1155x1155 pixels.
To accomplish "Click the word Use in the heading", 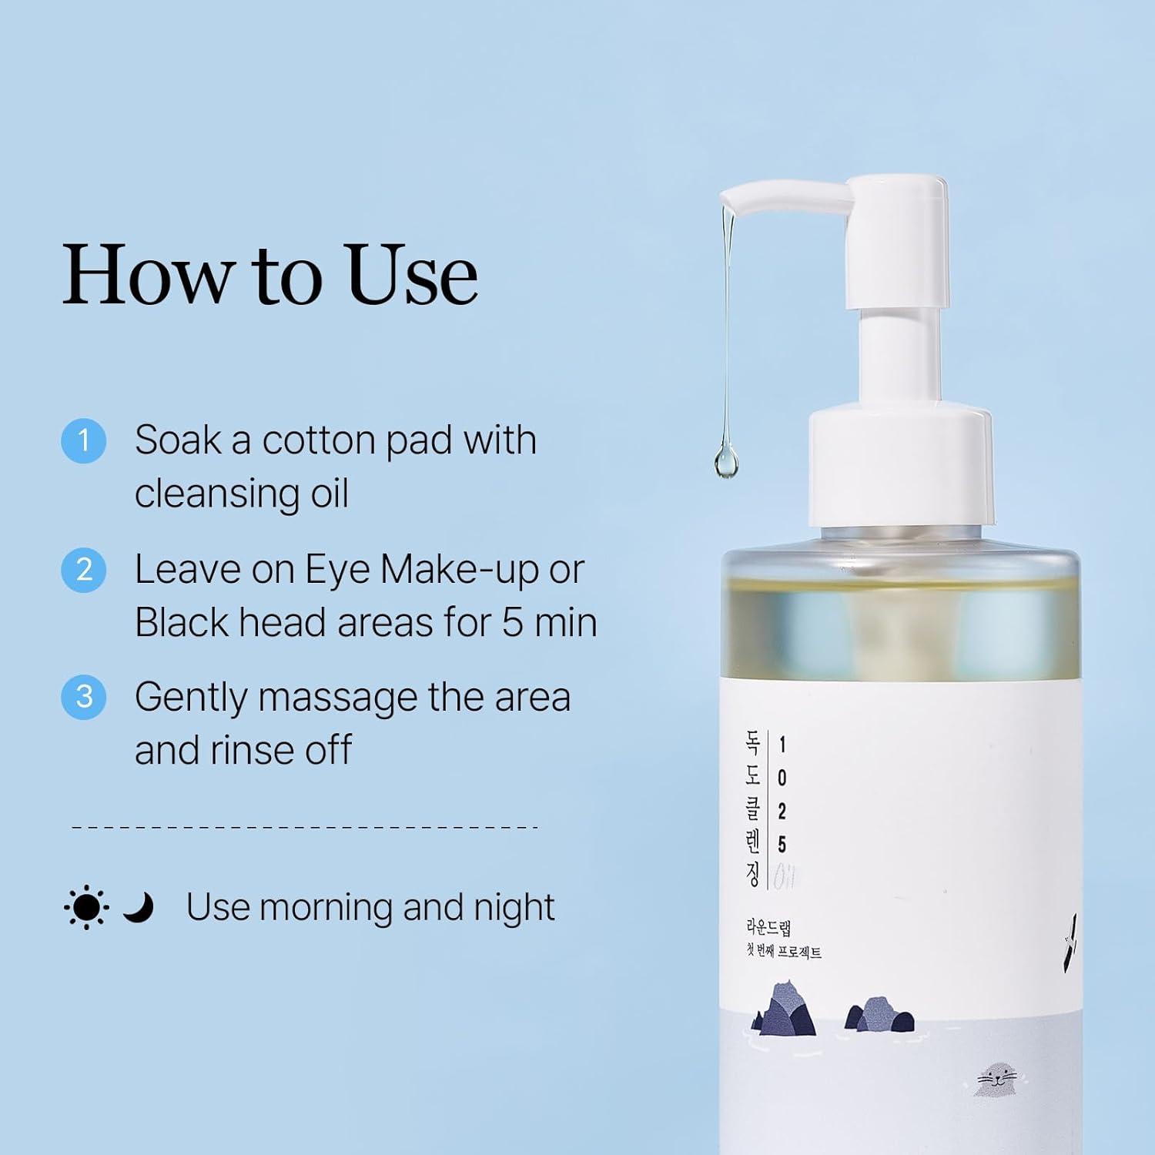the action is click(x=413, y=274).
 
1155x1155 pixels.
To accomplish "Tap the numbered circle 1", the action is click(x=83, y=440).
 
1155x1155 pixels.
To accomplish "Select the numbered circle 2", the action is click(x=83, y=570).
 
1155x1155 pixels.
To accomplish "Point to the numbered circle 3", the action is click(x=83, y=697).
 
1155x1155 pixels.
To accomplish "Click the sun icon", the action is click(x=86, y=907).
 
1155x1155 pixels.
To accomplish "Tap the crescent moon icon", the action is click(x=139, y=907).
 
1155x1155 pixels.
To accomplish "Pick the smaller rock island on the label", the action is click(x=879, y=1014).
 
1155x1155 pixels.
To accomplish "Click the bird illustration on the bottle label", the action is click(x=1070, y=943).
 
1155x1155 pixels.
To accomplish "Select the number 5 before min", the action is click(x=513, y=622).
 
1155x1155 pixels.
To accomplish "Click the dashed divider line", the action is click(x=304, y=828).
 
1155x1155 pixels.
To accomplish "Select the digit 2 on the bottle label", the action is click(x=782, y=811).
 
